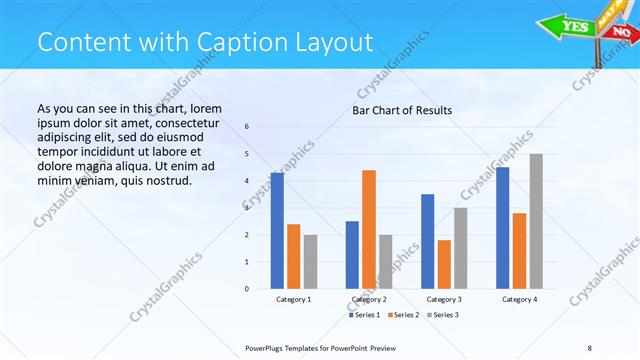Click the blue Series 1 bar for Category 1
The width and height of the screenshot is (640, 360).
pyautogui.click(x=277, y=231)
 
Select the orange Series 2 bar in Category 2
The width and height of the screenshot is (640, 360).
pyautogui.click(x=369, y=229)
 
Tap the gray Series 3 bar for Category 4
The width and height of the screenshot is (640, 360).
pyautogui.click(x=536, y=221)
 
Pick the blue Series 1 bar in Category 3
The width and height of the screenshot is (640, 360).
pyautogui.click(x=427, y=241)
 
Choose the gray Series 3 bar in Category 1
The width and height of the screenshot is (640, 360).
pyautogui.click(x=310, y=261)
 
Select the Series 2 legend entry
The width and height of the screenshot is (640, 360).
pyautogui.click(x=401, y=315)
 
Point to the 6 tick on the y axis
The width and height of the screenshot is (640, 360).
pyautogui.click(x=247, y=127)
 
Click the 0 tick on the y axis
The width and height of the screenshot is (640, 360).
pyautogui.click(x=247, y=289)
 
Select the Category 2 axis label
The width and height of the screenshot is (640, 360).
pyautogui.click(x=369, y=299)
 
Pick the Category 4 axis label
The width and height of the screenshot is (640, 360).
pyautogui.click(x=519, y=299)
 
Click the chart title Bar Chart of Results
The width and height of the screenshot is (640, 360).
pyautogui.click(x=402, y=110)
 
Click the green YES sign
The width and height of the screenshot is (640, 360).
pyautogui.click(x=576, y=26)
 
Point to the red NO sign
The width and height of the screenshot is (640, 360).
pyautogui.click(x=622, y=33)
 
